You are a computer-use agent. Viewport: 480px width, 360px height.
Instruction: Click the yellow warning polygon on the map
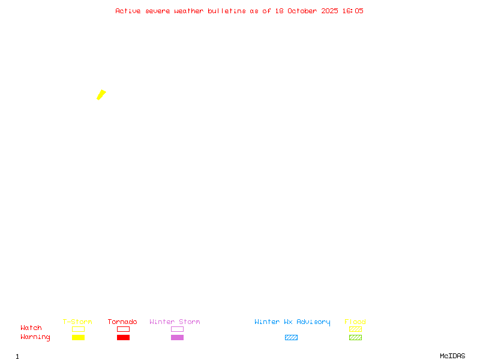click(x=101, y=94)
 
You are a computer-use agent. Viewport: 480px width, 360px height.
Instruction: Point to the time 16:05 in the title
click(x=353, y=11)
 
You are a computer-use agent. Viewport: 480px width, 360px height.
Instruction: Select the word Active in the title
click(x=128, y=11)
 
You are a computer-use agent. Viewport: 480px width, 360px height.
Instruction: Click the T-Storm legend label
click(x=77, y=322)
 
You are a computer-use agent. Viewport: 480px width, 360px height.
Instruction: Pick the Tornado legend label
click(x=122, y=322)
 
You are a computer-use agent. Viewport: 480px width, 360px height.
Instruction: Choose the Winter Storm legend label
click(x=175, y=322)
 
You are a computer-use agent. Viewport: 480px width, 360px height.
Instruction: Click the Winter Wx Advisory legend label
click(x=292, y=322)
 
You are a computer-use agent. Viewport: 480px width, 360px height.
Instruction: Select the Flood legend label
click(x=355, y=322)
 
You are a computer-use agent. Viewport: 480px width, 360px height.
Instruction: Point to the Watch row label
click(x=31, y=328)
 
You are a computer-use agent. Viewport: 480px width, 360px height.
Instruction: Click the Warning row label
click(x=35, y=337)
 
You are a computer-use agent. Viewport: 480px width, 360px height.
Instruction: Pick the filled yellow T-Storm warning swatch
click(x=78, y=337)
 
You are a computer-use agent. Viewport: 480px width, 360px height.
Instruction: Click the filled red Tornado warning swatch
click(x=123, y=337)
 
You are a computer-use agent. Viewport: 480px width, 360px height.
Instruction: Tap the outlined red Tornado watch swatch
click(x=123, y=329)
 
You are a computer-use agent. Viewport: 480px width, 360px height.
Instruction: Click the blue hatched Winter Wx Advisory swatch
click(x=291, y=337)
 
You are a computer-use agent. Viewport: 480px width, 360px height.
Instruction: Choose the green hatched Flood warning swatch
click(x=355, y=337)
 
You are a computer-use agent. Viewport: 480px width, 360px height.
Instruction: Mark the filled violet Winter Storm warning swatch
click(x=177, y=337)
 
